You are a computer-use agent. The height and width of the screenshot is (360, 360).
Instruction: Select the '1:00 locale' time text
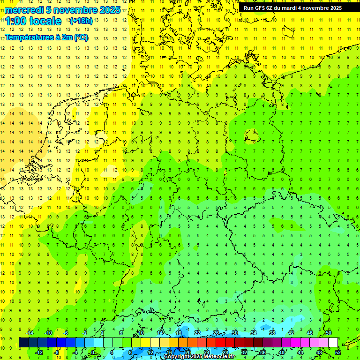pyautogui.click(x=33, y=21)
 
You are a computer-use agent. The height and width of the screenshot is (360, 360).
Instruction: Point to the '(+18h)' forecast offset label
pyautogui.click(x=81, y=21)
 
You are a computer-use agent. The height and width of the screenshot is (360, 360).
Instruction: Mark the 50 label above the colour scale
pyautogui.click(x=328, y=333)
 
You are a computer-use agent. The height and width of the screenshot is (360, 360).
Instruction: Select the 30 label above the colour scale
pyautogui.click(x=235, y=333)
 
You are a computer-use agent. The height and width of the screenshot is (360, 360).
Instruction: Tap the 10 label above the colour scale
pyautogui.click(x=141, y=333)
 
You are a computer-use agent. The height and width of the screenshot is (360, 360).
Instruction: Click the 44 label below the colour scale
pyautogui.click(x=300, y=352)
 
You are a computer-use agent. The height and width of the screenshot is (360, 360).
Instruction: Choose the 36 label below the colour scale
pyautogui.click(x=263, y=352)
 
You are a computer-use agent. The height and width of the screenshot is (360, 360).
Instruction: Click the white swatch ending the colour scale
pyautogui.click(x=333, y=343)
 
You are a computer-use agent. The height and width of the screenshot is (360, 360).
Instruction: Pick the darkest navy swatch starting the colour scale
pyautogui.click(x=23, y=343)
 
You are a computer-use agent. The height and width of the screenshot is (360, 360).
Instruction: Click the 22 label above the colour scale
pyautogui.click(x=197, y=333)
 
